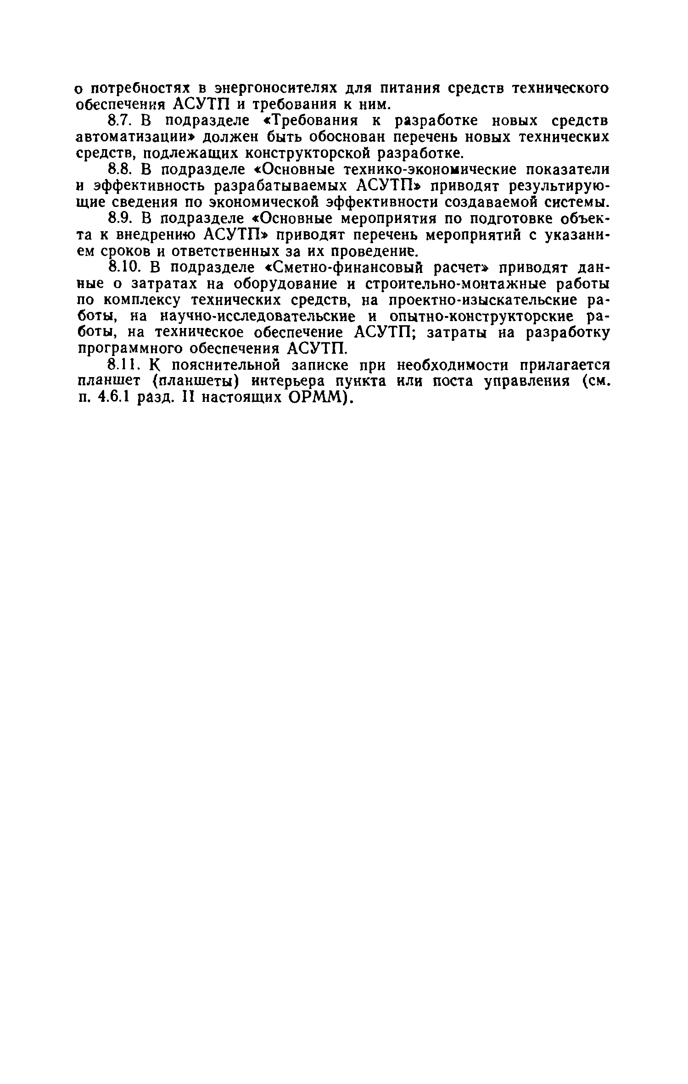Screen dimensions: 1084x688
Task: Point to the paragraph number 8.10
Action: pos(123,267)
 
